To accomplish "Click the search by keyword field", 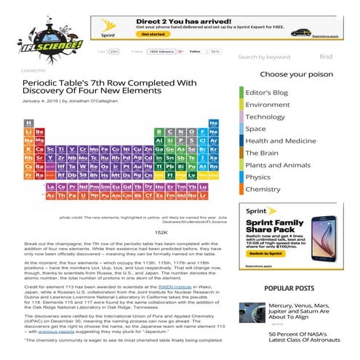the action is [273, 57].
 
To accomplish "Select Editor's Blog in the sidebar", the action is [267, 92].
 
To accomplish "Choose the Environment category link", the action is [268, 105].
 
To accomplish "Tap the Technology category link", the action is [265, 116].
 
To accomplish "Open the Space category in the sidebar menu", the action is [255, 129].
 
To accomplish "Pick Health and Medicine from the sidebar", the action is [281, 140].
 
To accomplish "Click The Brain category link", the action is [262, 153].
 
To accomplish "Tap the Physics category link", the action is [257, 177].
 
